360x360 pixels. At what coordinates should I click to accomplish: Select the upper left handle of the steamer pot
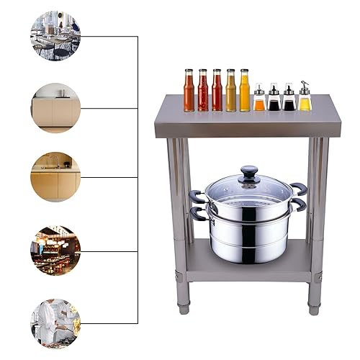[x=197, y=196]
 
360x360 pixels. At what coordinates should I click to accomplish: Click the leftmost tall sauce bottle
[x=189, y=91]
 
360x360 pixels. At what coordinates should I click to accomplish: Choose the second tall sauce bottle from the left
[x=203, y=91]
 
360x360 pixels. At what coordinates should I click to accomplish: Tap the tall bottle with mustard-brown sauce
[x=230, y=91]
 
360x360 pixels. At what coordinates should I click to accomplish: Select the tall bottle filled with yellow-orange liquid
[x=244, y=91]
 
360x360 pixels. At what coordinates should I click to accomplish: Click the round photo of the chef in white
[x=55, y=322]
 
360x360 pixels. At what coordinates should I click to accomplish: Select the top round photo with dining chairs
[x=55, y=35]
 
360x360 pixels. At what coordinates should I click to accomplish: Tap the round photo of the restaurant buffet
[x=55, y=250]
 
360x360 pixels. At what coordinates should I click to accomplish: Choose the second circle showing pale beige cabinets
[x=55, y=107]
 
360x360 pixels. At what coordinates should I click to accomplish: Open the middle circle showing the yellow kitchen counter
[x=55, y=177]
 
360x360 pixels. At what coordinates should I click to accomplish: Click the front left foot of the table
[x=184, y=308]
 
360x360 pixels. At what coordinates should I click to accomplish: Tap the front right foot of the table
[x=313, y=308]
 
